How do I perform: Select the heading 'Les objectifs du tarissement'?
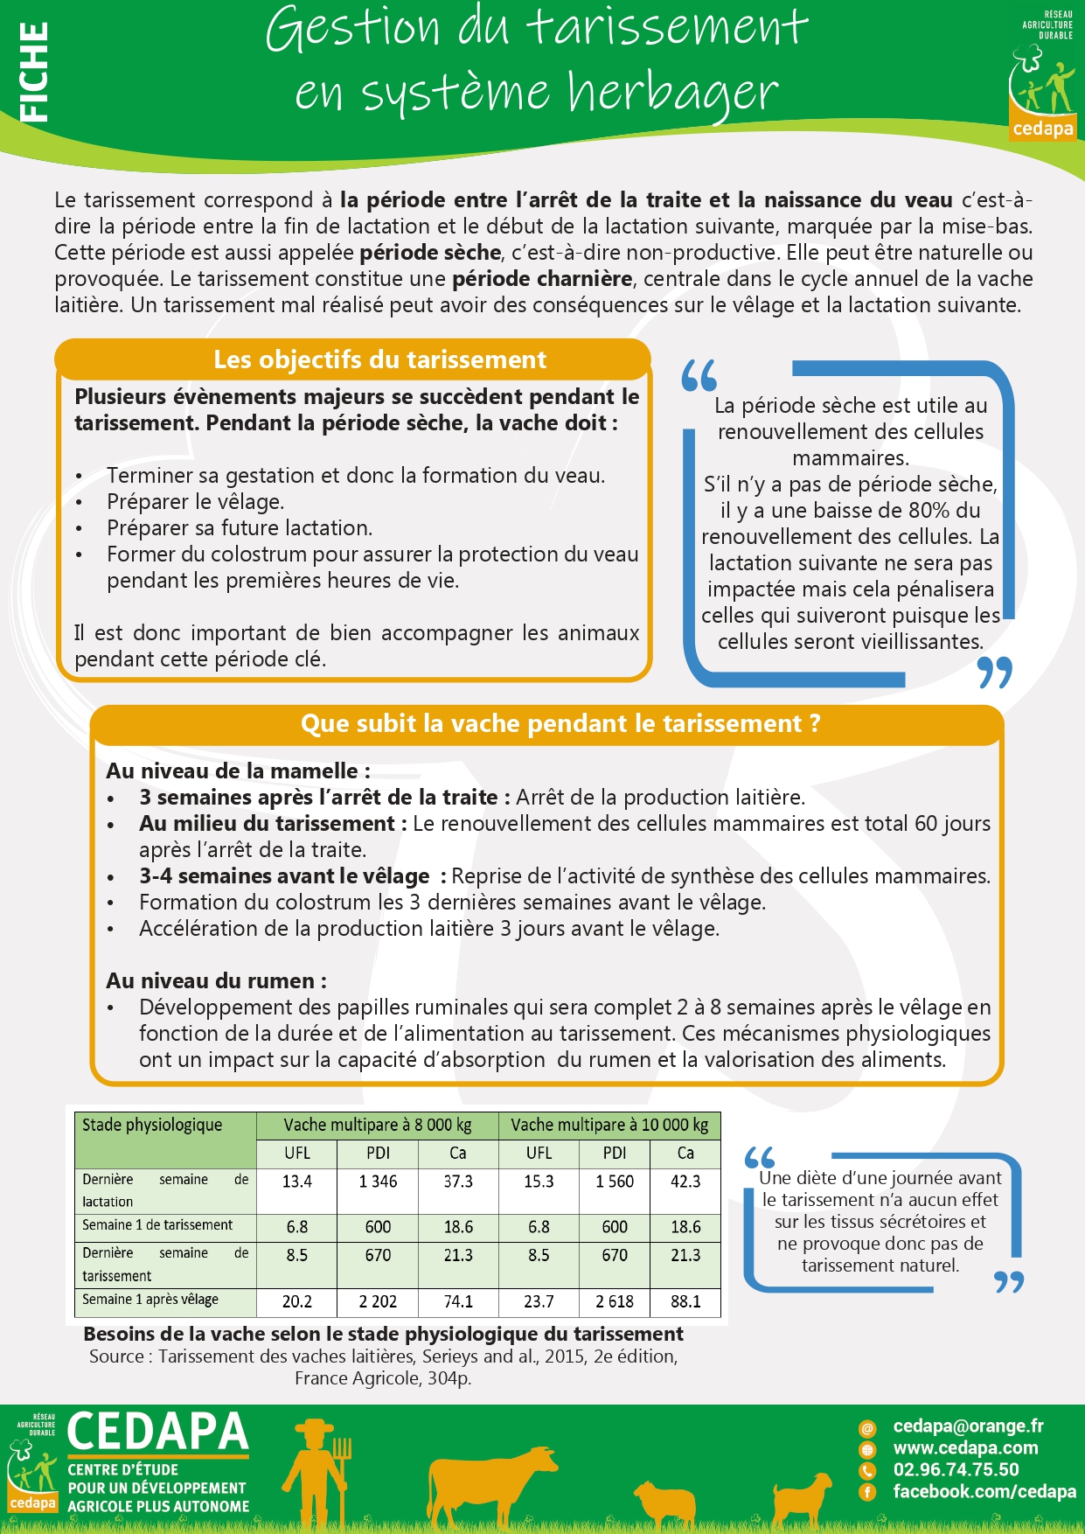pos(379,359)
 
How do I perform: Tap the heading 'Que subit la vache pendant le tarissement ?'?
pos(560,724)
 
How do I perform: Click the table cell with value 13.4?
pos(296,1182)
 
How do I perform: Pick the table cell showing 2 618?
pos(615,1301)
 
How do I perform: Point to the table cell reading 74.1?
pos(458,1301)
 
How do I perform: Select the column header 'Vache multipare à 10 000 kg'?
pos(609,1125)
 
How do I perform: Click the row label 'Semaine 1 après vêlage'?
pos(150,1300)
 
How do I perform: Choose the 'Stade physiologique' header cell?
pos(152,1125)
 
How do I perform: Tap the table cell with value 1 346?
pos(378,1182)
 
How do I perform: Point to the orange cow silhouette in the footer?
pos(490,1482)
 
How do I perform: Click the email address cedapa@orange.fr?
pos(968,1426)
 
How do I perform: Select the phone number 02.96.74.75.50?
pos(956,1470)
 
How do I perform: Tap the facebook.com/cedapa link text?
pos(984,1492)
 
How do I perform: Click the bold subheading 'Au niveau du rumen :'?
pos(216,981)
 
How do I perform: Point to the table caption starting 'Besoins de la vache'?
pos(383,1334)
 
